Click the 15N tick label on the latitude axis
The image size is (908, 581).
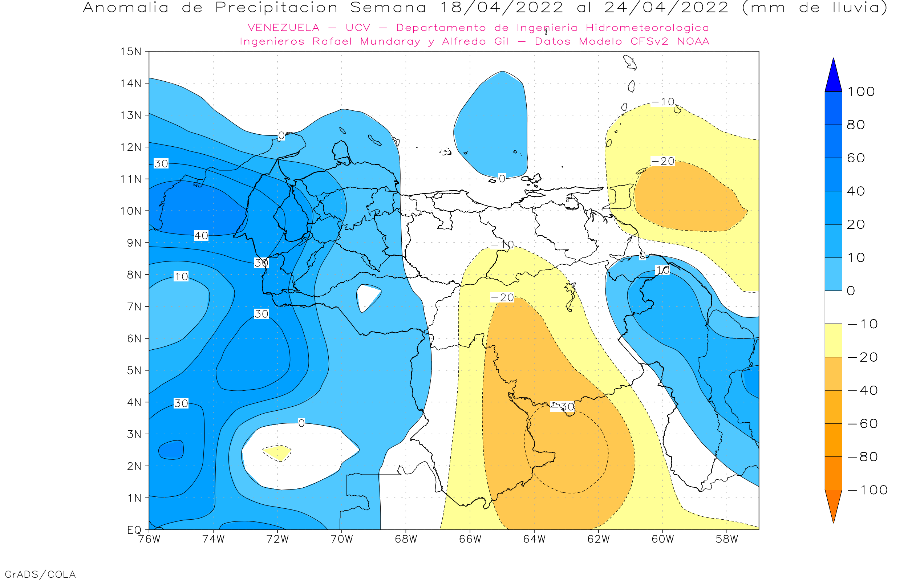click(130, 51)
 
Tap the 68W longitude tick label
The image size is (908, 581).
click(406, 539)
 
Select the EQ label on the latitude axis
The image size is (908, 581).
click(134, 530)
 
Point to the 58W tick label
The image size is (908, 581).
click(727, 539)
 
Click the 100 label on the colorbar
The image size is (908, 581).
click(861, 92)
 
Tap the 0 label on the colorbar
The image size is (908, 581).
click(851, 291)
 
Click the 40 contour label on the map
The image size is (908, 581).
click(201, 236)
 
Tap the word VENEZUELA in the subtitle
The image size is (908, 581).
click(283, 28)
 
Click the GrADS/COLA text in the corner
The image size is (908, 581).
click(40, 574)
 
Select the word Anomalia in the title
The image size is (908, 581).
click(126, 8)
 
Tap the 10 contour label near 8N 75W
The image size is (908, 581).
click(181, 277)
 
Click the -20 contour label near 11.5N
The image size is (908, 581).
click(663, 161)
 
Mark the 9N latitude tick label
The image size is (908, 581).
click(134, 243)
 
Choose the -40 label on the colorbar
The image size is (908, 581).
click(862, 390)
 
